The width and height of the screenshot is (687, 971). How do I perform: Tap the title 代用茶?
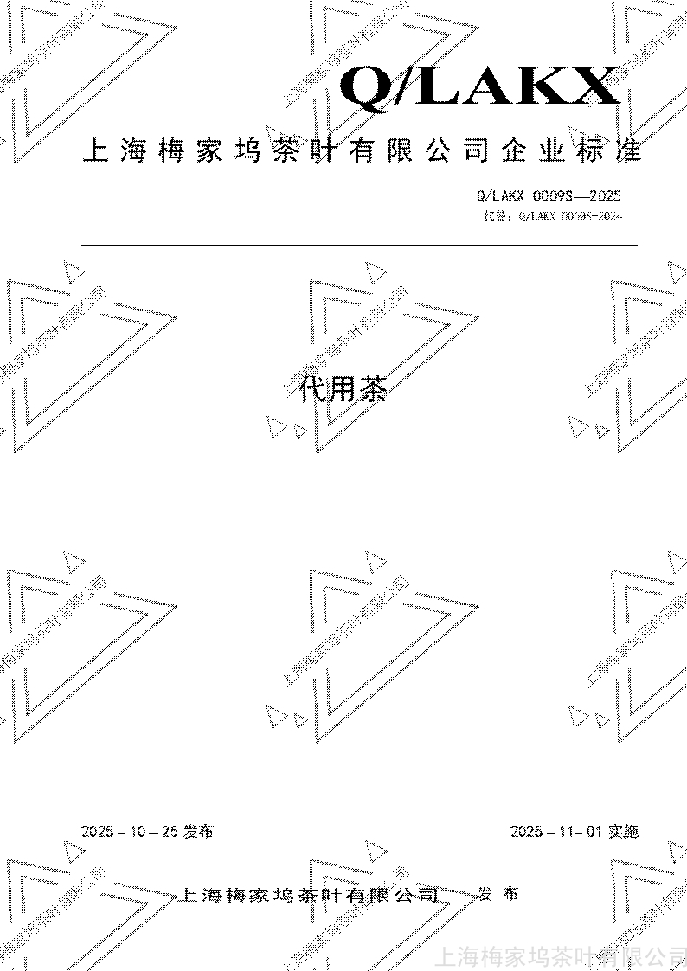[x=342, y=390]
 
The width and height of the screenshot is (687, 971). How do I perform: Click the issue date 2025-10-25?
[x=130, y=832]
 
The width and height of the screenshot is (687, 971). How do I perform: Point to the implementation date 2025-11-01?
[x=555, y=832]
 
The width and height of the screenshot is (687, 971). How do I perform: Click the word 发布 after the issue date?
[x=198, y=832]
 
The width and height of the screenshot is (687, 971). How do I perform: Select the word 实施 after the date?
[x=622, y=832]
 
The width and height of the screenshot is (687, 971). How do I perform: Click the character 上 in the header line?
[x=94, y=152]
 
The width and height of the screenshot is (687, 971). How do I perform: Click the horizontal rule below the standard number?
[x=359, y=246]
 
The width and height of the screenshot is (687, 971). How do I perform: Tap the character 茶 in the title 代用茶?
[x=372, y=390]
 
